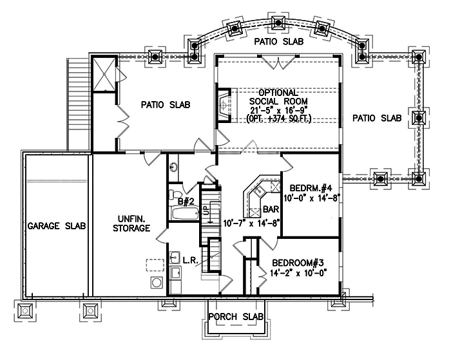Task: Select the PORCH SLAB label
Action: click(236, 317)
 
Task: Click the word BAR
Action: click(271, 209)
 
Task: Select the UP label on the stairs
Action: click(207, 210)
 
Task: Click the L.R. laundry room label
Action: click(189, 260)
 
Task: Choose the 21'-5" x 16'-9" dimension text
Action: click(278, 110)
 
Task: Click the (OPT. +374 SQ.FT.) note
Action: click(278, 118)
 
